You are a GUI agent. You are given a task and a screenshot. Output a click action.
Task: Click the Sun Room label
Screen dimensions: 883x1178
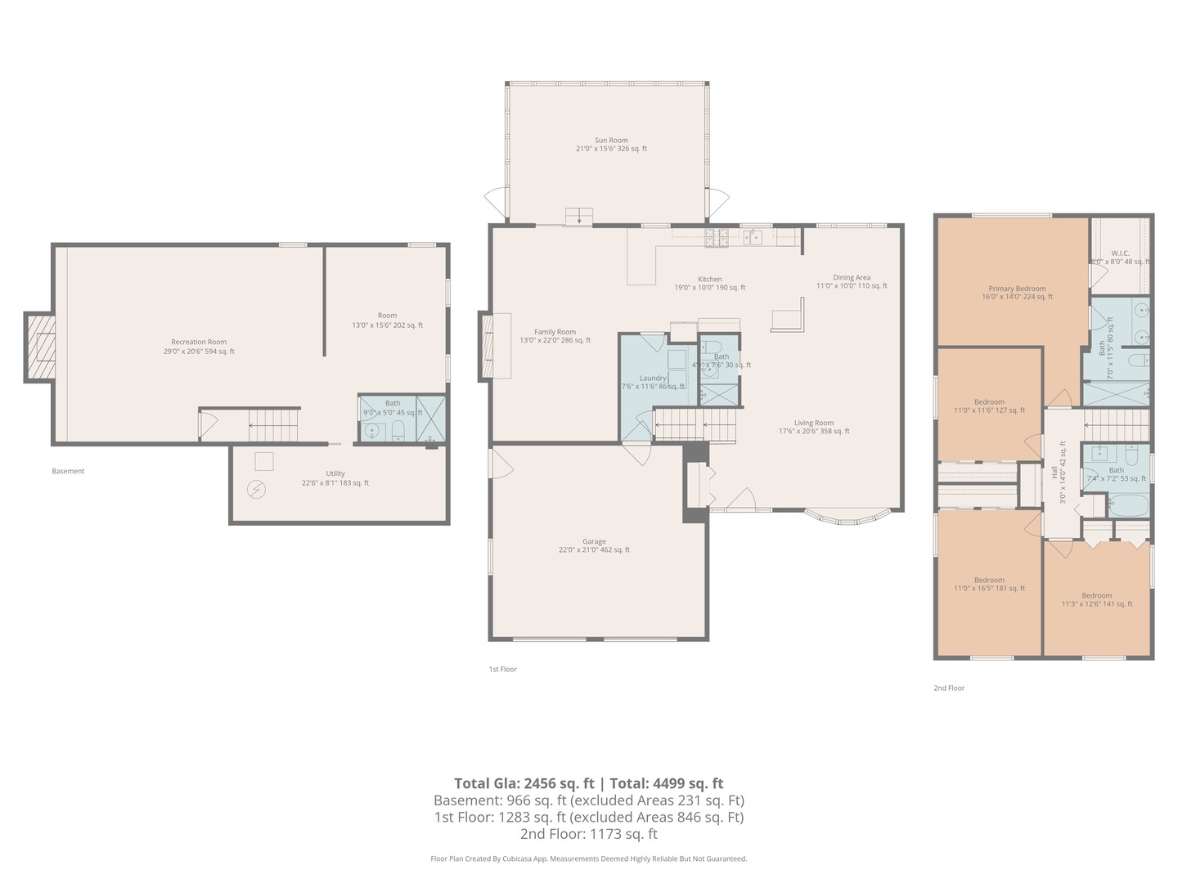(x=611, y=145)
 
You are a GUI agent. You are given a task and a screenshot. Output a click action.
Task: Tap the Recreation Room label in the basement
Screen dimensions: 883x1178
(x=199, y=347)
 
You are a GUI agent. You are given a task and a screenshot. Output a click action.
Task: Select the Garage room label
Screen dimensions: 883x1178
(x=594, y=546)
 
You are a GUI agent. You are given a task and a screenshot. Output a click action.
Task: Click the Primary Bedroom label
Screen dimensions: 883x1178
(x=1017, y=293)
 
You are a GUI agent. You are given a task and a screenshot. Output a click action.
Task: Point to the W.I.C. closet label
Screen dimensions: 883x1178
(x=1120, y=257)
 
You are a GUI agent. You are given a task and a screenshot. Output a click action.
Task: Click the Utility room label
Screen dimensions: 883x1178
(x=335, y=478)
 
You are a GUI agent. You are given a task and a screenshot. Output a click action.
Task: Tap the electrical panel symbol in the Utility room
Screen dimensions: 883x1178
(x=257, y=489)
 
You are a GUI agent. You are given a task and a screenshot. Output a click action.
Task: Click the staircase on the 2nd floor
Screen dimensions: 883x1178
(x=1117, y=424)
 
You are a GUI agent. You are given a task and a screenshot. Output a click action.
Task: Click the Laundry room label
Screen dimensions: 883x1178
(x=653, y=382)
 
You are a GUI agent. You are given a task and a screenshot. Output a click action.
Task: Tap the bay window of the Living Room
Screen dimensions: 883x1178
(x=846, y=516)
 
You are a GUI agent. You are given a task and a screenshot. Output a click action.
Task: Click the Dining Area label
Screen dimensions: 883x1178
(x=852, y=281)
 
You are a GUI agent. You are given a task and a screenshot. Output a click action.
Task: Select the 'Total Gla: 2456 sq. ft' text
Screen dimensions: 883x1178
(x=524, y=783)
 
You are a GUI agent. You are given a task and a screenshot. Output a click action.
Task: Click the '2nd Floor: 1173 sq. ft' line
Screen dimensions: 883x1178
(x=588, y=835)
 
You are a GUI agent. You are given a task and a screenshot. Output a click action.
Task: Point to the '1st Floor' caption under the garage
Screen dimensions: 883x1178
(x=503, y=669)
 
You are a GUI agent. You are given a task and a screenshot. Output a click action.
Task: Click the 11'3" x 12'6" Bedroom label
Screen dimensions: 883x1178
(x=1096, y=600)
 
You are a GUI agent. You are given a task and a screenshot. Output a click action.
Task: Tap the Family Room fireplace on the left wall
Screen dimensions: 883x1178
(x=487, y=347)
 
